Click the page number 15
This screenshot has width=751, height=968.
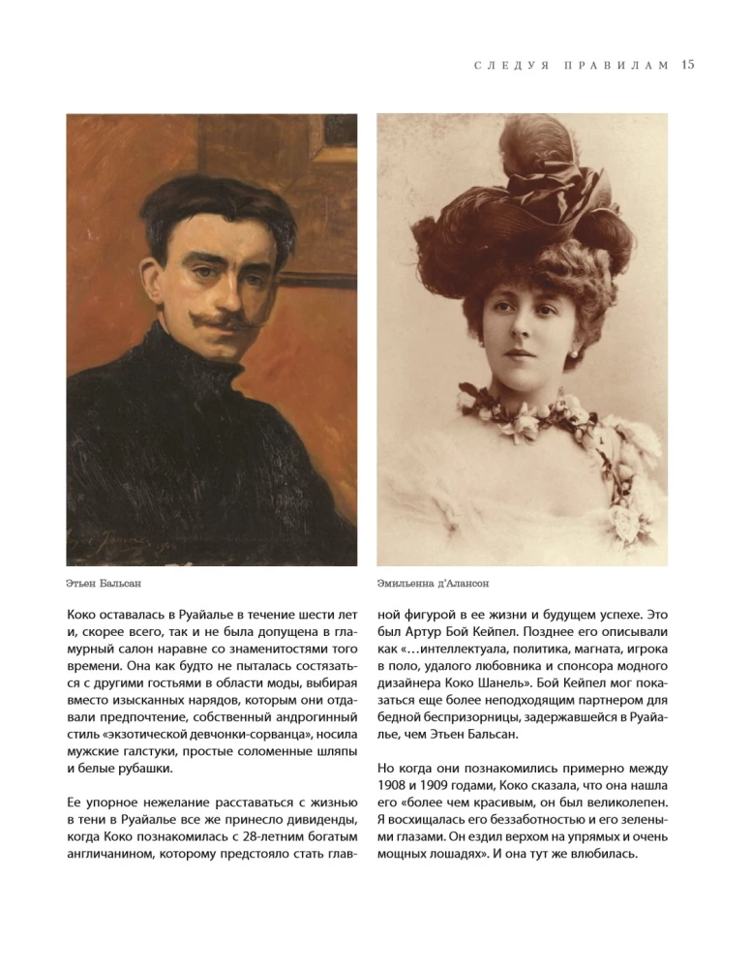click(x=688, y=65)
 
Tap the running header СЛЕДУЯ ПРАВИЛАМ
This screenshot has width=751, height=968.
click(x=571, y=66)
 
